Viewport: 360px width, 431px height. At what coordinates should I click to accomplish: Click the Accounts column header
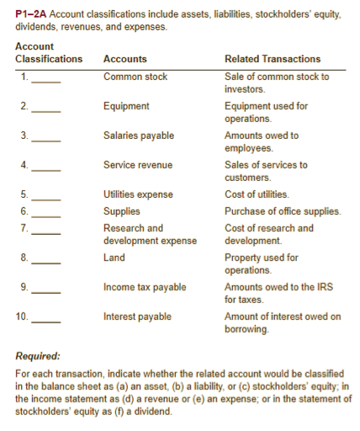coord(124,59)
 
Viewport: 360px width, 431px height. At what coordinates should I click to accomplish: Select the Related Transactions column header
coord(273,59)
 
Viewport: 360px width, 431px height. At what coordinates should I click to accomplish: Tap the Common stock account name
coord(135,77)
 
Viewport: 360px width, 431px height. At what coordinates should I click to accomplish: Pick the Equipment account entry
coord(126,106)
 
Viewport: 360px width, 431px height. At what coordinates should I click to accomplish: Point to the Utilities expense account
coord(138,194)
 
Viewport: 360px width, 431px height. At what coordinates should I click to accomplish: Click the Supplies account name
coord(121,211)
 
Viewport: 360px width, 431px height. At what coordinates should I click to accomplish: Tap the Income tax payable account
coord(145,287)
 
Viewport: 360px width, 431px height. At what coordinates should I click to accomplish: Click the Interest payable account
coord(137,317)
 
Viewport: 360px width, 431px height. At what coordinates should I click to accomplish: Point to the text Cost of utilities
coord(257,194)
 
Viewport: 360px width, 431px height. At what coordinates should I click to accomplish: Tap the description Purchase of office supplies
coord(283,211)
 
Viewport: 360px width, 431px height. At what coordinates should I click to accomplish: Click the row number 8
coord(24,258)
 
